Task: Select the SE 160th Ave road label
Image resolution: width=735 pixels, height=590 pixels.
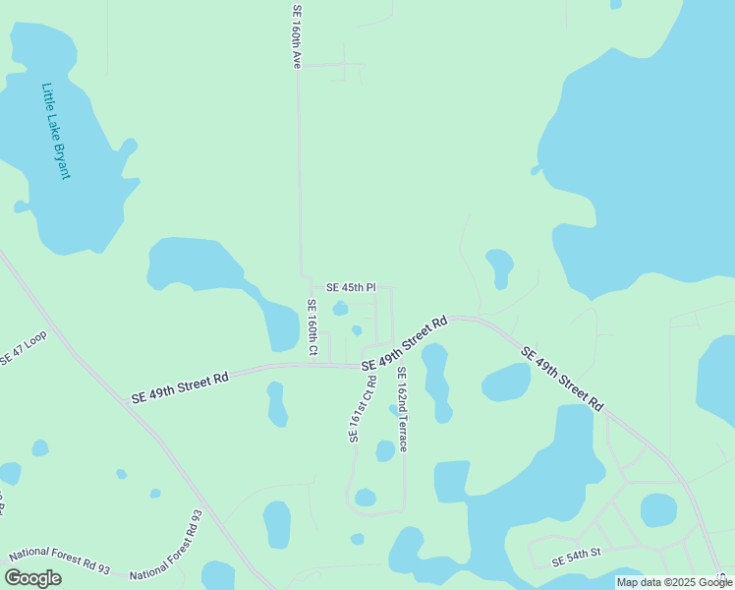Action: pos(295,36)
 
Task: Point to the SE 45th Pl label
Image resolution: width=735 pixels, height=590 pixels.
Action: pos(351,287)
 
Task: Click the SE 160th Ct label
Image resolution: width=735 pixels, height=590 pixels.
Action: pos(311,328)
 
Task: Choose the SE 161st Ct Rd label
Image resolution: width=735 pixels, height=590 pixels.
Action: pos(362,409)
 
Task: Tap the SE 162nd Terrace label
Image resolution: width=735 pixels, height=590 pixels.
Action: pos(402,409)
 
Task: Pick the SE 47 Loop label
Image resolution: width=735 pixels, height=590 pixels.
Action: pos(23,348)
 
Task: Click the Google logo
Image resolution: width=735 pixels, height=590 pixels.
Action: pos(32,578)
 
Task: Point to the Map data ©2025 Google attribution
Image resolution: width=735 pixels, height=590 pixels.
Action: pos(674,582)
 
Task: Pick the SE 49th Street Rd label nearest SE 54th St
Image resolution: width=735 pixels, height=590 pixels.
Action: pos(562,379)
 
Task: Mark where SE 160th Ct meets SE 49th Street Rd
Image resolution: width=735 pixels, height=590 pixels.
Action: pos(311,365)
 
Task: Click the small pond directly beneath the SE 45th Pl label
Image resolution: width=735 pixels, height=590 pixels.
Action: pos(340,309)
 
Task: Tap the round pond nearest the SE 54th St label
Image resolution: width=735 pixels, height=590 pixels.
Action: pos(657,510)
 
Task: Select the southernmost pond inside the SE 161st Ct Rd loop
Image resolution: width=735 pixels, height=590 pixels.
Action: pos(365,498)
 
